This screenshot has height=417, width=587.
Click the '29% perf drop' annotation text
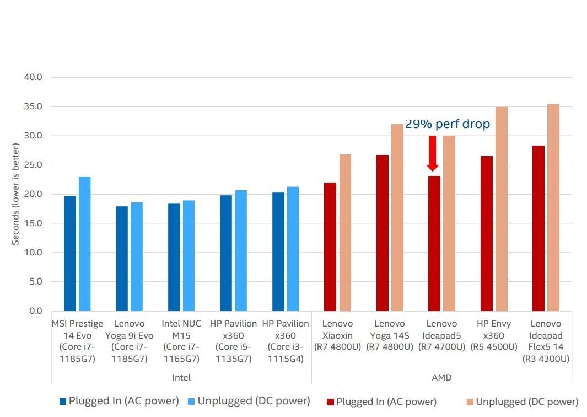(448, 124)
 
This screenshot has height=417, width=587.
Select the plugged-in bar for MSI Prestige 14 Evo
(70, 253)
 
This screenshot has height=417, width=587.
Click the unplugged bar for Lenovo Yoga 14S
(397, 217)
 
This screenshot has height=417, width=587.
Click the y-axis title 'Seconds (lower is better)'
(17, 194)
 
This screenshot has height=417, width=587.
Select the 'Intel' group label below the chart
(181, 378)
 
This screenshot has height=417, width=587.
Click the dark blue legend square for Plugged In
(63, 402)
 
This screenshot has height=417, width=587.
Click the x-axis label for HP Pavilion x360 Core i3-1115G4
(286, 341)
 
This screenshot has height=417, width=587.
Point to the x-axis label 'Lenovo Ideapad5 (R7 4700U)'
(441, 335)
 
